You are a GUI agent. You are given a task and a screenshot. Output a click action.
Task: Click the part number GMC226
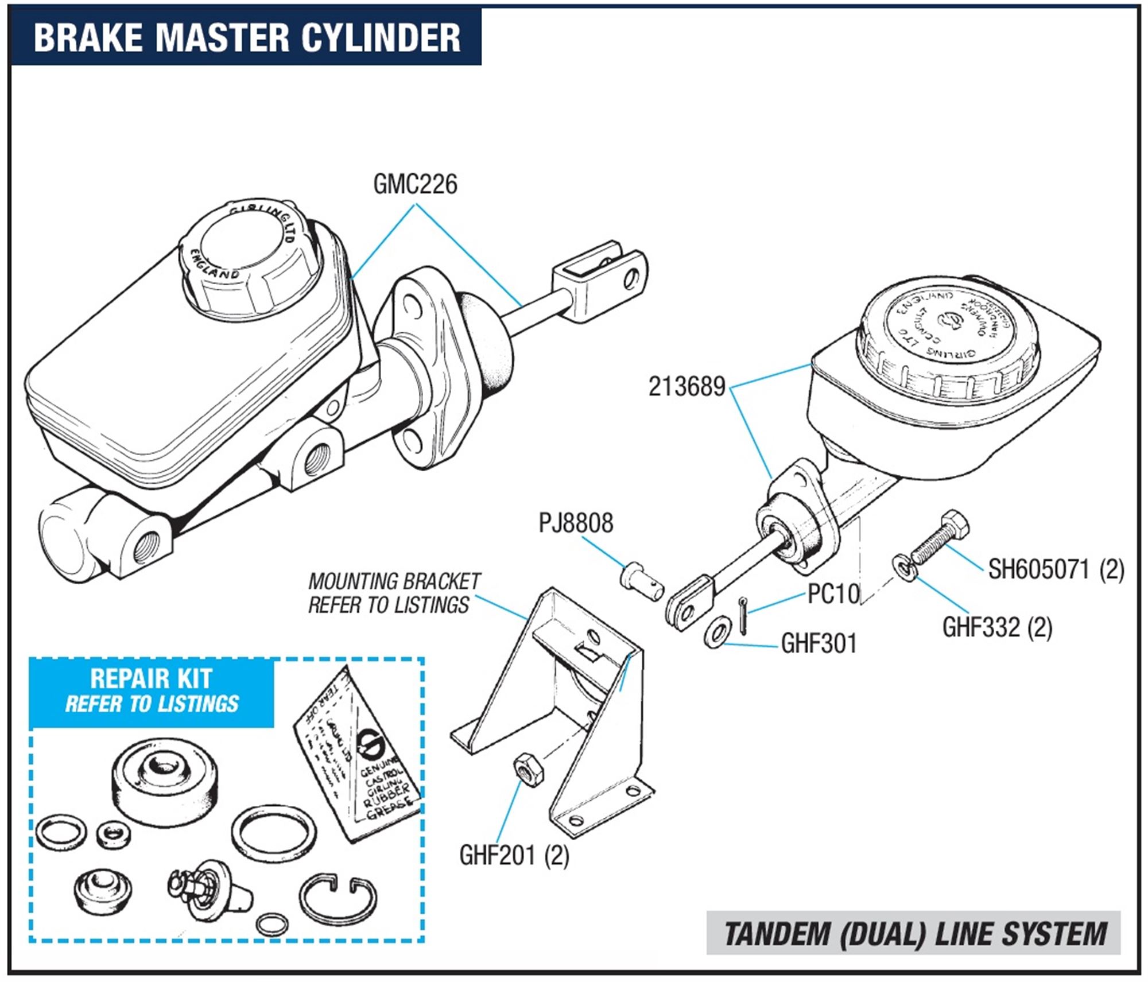415,185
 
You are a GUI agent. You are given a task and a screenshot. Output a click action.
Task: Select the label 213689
687,387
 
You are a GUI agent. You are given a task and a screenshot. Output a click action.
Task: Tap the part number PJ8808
576,523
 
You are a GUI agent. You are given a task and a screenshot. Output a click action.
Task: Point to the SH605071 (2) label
1056,570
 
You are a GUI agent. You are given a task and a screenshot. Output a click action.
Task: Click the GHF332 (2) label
997,627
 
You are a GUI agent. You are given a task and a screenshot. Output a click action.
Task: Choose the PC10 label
833,594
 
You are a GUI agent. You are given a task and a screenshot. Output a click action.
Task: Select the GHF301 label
819,643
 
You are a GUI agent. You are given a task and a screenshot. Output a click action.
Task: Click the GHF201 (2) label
514,856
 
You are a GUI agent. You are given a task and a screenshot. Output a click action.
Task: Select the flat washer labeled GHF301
717,632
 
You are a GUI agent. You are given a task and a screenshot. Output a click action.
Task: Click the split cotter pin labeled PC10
743,616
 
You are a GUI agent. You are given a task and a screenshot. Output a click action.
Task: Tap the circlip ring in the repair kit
338,901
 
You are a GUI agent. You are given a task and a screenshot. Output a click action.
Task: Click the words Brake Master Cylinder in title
247,37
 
